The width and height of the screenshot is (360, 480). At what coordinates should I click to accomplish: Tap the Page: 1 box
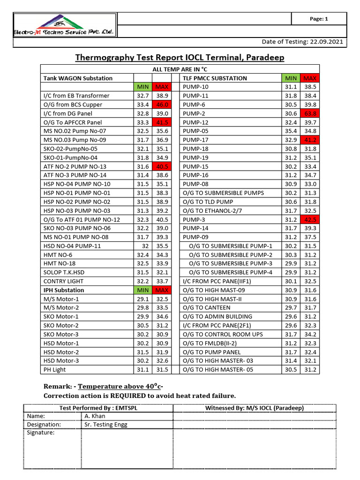[319, 19]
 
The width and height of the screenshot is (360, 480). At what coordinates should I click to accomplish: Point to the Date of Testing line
[302, 42]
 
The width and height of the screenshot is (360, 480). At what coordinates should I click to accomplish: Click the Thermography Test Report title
[180, 58]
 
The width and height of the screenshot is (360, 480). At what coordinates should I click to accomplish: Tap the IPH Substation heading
[64, 290]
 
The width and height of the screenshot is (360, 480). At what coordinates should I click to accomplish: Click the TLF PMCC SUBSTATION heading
[215, 78]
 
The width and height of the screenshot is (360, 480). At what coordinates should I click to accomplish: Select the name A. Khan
[95, 416]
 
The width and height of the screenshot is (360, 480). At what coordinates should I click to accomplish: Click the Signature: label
[41, 433]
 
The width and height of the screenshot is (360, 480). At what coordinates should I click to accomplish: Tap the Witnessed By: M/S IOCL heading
[255, 408]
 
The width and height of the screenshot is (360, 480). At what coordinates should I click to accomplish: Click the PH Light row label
[54, 370]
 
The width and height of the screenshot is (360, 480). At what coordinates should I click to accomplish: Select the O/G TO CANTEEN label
[207, 307]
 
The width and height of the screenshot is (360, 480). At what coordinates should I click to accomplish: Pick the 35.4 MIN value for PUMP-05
[291, 131]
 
